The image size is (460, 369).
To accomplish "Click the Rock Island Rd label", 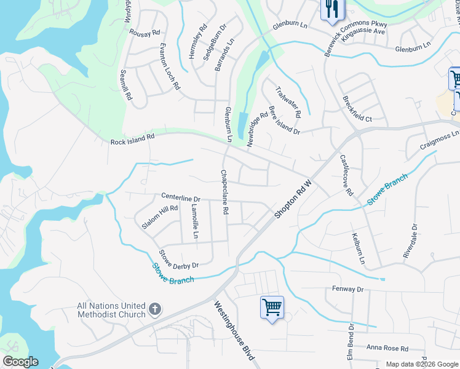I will (x=132, y=140).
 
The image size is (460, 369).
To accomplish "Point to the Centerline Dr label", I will (x=181, y=198).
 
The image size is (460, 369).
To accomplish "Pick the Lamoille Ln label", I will (x=195, y=222).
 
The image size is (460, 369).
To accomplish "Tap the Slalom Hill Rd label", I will (x=159, y=217).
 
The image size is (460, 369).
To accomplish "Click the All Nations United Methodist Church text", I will (x=111, y=310).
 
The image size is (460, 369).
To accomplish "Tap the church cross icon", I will (x=155, y=309).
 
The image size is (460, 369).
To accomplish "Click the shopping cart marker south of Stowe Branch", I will (x=272, y=307).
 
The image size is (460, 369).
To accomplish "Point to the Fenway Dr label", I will (x=348, y=288).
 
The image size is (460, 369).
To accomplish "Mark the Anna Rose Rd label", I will (x=387, y=347).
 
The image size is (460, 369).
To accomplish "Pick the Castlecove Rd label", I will (x=347, y=175).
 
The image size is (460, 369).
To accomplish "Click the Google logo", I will (x=20, y=362).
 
